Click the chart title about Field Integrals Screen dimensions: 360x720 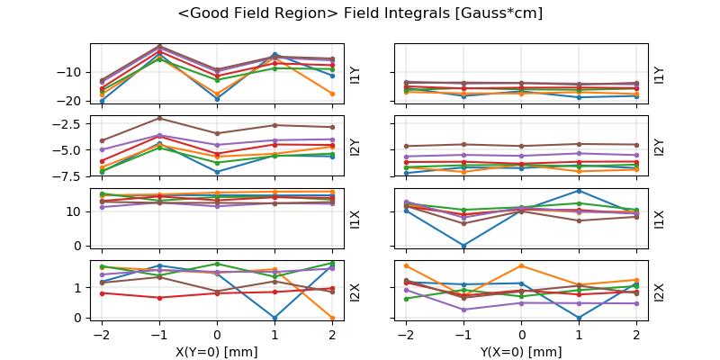pyautogui.click(x=360, y=13)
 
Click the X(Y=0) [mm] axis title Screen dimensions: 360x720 pyautogui.click(x=217, y=352)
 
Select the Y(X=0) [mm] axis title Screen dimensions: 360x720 pyautogui.click(x=522, y=352)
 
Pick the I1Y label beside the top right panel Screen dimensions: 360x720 pyautogui.click(x=660, y=75)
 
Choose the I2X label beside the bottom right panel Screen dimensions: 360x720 pyautogui.click(x=660, y=292)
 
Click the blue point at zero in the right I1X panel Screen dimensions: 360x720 pyautogui.click(x=463, y=246)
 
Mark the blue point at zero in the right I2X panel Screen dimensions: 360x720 pyautogui.click(x=579, y=318)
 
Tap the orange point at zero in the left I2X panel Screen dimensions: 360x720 pyautogui.click(x=332, y=318)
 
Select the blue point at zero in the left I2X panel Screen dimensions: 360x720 pyautogui.click(x=274, y=318)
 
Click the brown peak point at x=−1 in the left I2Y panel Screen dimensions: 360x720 pyautogui.click(x=159, y=118)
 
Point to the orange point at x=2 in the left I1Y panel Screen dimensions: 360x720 pyautogui.click(x=332, y=94)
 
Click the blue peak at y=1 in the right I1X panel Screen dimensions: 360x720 pyautogui.click(x=579, y=191)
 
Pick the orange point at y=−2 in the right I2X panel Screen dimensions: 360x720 pyautogui.click(x=406, y=265)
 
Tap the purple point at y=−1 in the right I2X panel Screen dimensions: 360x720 pyautogui.click(x=463, y=310)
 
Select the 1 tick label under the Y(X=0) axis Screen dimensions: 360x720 pyautogui.click(x=579, y=334)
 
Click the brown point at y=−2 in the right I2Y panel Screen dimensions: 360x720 pyautogui.click(x=406, y=146)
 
